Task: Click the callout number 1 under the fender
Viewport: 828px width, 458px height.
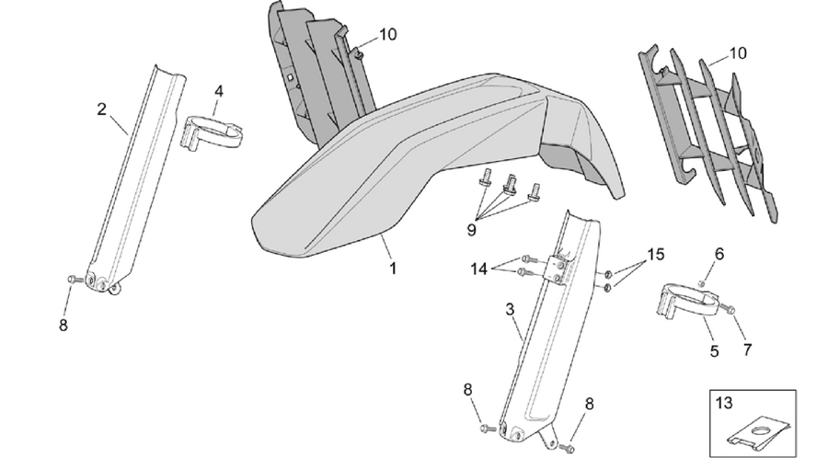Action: (392, 268)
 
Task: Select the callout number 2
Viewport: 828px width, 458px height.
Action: (101, 109)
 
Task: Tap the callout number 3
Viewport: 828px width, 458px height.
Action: (510, 309)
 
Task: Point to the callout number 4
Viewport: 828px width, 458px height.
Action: (219, 91)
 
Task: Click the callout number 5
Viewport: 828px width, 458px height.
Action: (715, 351)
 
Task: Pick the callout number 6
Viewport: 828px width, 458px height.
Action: (719, 254)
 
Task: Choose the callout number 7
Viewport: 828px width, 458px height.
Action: (747, 349)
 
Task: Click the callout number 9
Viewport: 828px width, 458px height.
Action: (472, 230)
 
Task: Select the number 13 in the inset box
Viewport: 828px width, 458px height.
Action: (725, 403)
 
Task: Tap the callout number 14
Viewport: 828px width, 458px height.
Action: (479, 269)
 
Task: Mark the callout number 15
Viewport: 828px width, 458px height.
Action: (655, 255)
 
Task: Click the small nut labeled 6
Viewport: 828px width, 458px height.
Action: (702, 283)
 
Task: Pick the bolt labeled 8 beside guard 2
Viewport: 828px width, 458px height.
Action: (74, 280)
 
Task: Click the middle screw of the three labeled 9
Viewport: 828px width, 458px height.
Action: (510, 185)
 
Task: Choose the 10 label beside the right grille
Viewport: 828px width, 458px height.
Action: (738, 53)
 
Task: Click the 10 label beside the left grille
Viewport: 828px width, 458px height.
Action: (387, 35)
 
